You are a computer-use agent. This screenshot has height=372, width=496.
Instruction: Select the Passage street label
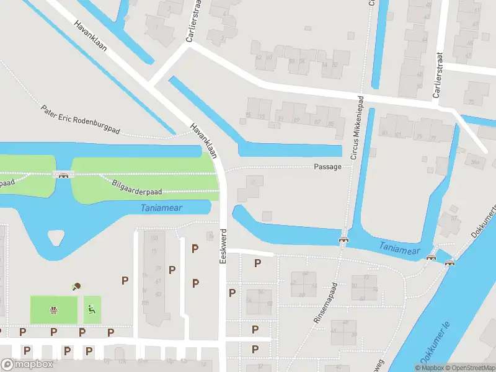(x=327, y=167)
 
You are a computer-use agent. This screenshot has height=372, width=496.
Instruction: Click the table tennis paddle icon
(x=77, y=286)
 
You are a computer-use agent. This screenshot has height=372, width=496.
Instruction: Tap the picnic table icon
(x=54, y=309)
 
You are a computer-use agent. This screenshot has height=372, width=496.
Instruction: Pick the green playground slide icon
(x=92, y=308)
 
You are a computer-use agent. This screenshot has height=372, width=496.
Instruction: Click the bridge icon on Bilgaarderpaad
(x=63, y=175)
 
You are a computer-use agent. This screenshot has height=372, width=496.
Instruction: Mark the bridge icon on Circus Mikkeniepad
(x=342, y=240)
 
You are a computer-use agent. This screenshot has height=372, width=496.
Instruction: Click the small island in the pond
(x=56, y=236)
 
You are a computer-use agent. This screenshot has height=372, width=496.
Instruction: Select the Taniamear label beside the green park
(x=161, y=208)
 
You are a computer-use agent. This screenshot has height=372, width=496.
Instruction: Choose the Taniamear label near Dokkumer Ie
(x=400, y=249)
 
